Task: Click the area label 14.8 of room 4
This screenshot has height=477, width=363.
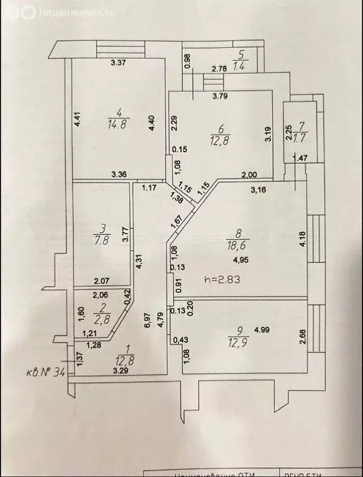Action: [117, 124]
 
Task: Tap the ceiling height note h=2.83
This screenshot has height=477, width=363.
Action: [223, 279]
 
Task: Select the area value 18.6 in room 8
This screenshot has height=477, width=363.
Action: [236, 246]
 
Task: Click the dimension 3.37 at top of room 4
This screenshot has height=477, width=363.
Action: [119, 62]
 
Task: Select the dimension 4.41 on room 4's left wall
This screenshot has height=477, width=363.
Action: [78, 119]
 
